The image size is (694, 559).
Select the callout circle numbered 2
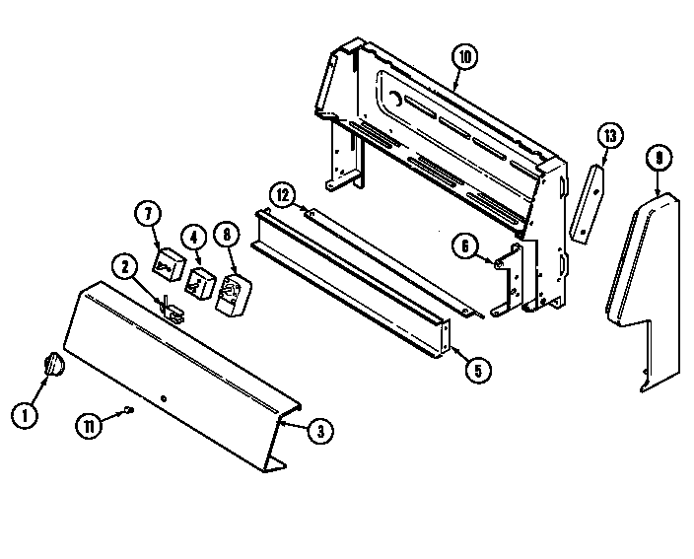coord(125,265)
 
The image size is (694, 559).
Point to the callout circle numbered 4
coord(194,237)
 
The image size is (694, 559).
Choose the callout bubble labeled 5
coord(478,371)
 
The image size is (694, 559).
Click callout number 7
coord(146,212)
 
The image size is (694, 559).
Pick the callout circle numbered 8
coord(227,236)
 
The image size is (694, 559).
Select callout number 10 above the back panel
coord(463,57)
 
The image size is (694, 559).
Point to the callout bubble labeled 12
coord(282,196)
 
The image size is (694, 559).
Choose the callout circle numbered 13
coord(610,135)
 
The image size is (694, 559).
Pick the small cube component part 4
coord(202,281)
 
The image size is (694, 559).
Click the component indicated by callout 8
coord(234,296)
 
